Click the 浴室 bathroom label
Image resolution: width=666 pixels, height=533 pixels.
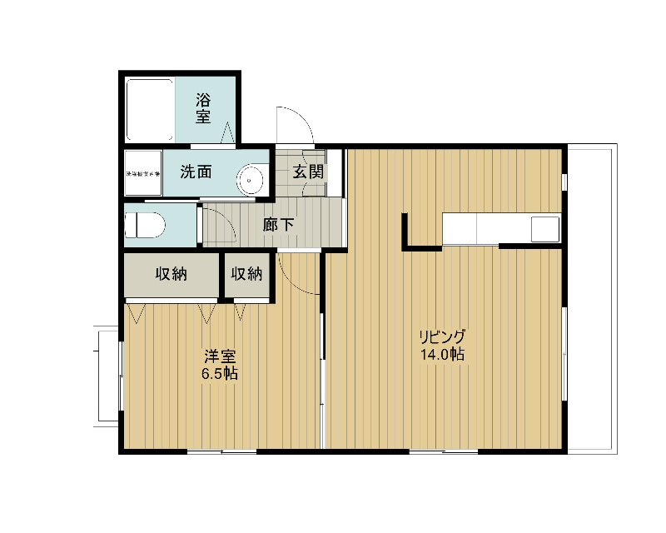coord(203,108)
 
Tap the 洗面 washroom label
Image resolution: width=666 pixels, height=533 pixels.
coord(196,172)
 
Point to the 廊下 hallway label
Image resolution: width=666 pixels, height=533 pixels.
coord(277,224)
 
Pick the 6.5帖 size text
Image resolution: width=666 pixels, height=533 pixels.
coord(219,374)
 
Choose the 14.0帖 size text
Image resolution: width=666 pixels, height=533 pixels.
coord(443,355)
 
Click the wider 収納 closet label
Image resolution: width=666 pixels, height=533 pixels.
coord(171,274)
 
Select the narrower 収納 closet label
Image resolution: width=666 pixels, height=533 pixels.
coord(247,274)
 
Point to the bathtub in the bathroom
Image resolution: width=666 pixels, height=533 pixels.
coord(149,110)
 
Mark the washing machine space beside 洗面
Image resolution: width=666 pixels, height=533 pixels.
coord(142,174)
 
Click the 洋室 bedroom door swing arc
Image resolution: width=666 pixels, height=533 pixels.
coord(300,275)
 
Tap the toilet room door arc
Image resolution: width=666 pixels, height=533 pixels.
coord(217,226)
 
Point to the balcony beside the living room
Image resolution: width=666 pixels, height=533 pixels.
coord(593,300)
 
